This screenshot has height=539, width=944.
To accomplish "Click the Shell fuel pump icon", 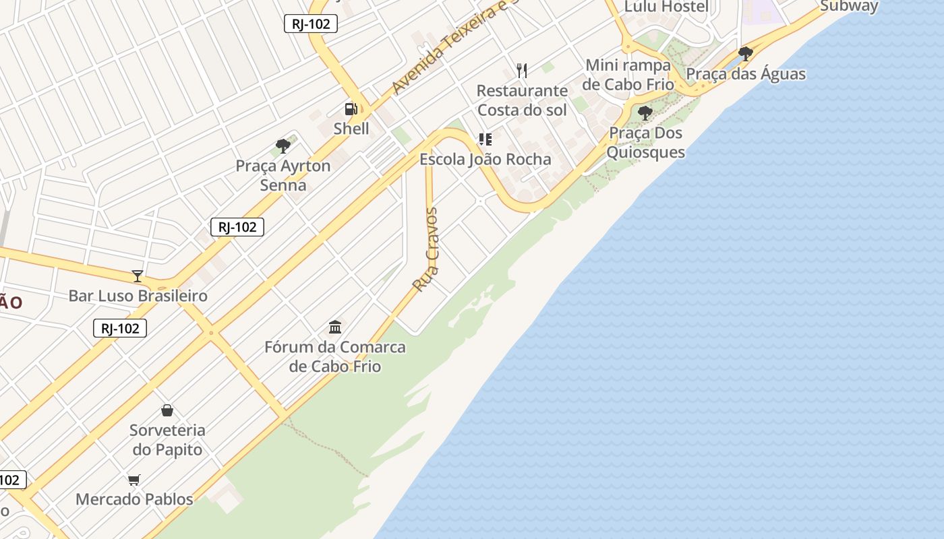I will pos(351,108).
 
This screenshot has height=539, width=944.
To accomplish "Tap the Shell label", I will pos(351,128).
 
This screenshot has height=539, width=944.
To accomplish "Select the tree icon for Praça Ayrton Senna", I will pos(283,146).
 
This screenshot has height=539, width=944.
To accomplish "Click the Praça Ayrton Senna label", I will pos(283,175).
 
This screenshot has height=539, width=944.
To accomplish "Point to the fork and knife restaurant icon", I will pos(521,70).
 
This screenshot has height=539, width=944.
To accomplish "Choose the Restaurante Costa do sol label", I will pos(522,100).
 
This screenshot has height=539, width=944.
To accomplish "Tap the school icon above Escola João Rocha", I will pos(485,139).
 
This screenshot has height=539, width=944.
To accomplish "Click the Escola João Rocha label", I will pos(485,159).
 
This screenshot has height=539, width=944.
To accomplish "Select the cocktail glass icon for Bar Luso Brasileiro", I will pos(138,276).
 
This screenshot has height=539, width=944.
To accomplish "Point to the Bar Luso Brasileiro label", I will pos(138,295).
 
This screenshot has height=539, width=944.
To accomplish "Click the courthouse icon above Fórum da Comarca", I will pos(335,327).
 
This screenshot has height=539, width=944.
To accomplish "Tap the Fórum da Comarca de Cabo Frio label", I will pos(335,356).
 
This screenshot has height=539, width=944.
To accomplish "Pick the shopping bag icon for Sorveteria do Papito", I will pos(167,410).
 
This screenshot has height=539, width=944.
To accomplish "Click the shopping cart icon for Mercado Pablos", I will pos(134,480).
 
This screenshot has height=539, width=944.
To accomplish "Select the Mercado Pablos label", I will pos(134,499).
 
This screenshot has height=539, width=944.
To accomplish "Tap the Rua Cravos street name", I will pos(425,249).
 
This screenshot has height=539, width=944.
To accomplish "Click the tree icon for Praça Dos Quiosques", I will pos(645,113).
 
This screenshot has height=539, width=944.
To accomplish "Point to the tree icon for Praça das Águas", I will pos(745,54).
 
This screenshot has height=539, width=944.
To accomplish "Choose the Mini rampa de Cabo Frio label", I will pos(628,74).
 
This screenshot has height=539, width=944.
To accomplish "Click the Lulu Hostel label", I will pos(666,7).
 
